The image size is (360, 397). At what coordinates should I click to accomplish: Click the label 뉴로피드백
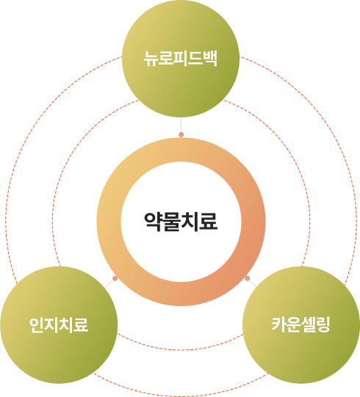181,59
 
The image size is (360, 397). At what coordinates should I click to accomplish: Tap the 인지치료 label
59,324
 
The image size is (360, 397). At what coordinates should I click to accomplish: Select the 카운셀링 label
301,324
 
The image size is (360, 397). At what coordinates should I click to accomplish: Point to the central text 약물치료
181,222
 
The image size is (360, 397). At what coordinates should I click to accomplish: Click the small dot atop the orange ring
181,134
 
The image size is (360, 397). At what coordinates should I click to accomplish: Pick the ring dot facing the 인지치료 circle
115,278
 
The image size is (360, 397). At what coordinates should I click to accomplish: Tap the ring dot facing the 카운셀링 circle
248,279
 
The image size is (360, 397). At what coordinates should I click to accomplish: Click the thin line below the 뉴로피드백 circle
181,125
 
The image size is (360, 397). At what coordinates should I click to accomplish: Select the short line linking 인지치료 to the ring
109,283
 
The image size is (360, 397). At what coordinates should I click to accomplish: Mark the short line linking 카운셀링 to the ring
253,283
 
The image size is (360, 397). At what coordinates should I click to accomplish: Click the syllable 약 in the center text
153,222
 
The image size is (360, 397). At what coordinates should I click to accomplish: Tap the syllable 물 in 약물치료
172,222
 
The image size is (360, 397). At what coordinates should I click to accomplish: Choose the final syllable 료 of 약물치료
209,222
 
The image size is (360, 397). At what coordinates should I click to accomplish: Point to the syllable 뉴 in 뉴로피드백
151,59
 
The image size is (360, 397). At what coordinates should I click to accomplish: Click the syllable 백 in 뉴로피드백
210,59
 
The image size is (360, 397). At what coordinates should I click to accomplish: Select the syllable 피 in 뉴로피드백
181,59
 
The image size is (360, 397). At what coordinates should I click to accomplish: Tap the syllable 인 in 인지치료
36,324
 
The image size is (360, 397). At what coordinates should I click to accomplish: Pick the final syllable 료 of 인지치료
81,324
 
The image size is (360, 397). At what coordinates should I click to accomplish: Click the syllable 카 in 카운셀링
279,324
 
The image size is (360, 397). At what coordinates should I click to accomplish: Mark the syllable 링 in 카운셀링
323,324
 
